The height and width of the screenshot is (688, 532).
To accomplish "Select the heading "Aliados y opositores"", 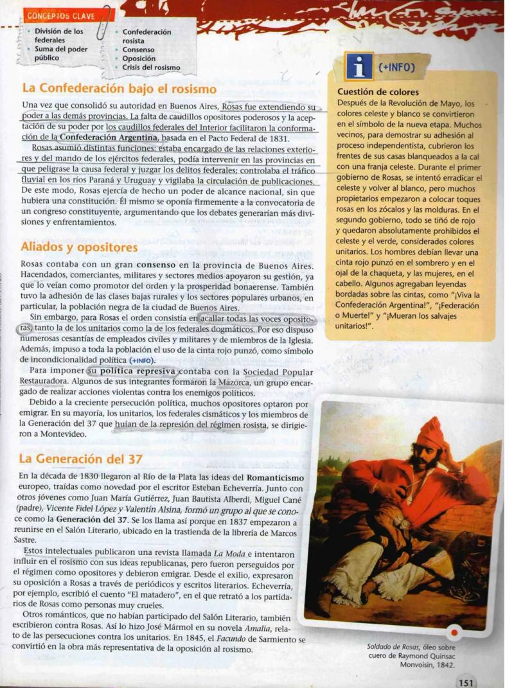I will (x=79, y=247).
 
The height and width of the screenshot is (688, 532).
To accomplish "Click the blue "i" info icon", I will (x=358, y=67).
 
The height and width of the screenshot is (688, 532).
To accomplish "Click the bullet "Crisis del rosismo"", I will (x=151, y=67).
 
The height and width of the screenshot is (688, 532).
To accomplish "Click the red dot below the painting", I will (x=454, y=632).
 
